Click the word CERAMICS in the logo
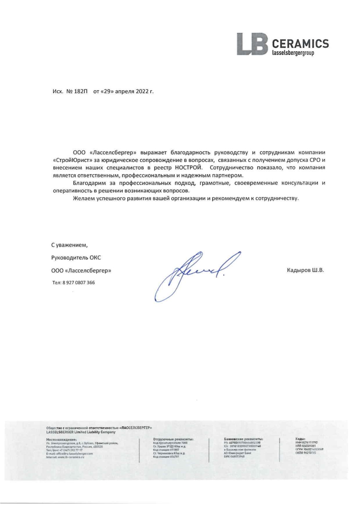pos(300,44)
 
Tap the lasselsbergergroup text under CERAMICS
pos(293,53)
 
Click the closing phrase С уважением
pos(69,245)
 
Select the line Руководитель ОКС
pos(76,258)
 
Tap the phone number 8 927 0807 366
pos(78,282)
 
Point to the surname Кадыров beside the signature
pos(299,270)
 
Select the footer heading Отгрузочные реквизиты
pos(173,439)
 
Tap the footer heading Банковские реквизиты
pos(243,439)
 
